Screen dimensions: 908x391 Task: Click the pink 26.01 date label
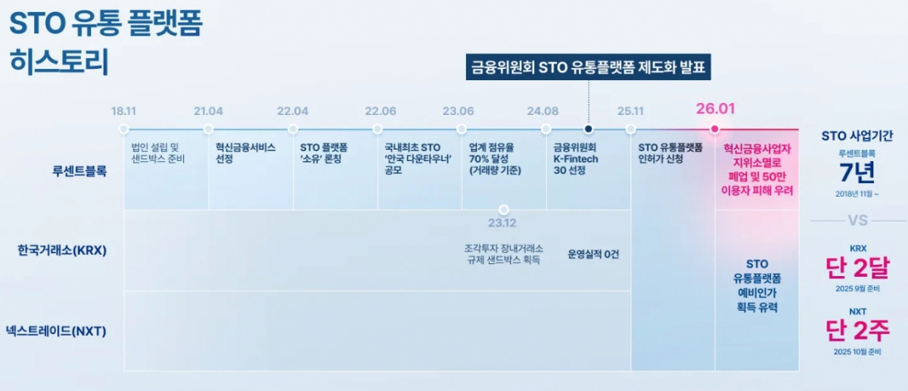point(716,109)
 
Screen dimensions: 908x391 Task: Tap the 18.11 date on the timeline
point(123,111)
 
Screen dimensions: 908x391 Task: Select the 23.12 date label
point(502,223)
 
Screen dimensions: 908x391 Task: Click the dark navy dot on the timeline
point(589,129)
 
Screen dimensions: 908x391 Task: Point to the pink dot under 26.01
point(714,129)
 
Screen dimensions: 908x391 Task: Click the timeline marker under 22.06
point(378,129)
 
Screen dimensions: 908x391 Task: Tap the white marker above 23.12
point(503,209)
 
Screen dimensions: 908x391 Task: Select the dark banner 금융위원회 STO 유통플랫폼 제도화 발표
point(588,67)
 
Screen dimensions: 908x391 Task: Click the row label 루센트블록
point(79,171)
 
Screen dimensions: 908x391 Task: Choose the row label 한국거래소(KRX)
point(62,250)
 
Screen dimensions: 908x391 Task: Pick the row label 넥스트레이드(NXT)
point(56,331)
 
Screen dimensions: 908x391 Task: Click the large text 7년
point(857,172)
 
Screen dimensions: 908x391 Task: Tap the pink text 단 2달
point(858,268)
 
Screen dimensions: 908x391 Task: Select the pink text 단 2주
point(858,330)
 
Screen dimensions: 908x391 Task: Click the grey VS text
point(858,220)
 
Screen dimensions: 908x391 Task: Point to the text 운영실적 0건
point(593,254)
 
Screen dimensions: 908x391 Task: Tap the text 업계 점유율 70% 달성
point(491,154)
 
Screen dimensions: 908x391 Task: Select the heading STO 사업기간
point(857,135)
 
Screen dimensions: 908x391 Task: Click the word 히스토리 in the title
point(59,61)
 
